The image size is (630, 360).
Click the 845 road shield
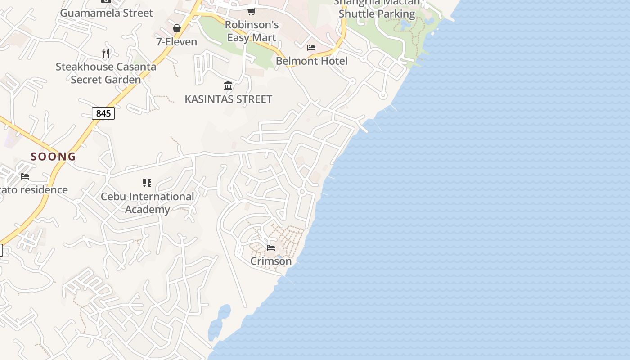(x=103, y=113)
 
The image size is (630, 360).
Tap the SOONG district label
(x=53, y=157)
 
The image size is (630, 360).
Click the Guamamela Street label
(x=107, y=13)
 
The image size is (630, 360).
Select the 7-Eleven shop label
(x=176, y=42)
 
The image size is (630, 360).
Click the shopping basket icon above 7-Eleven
(x=177, y=28)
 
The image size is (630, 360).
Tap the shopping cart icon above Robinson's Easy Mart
(x=252, y=11)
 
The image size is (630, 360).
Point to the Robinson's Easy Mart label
(x=252, y=31)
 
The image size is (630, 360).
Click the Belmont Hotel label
(x=311, y=61)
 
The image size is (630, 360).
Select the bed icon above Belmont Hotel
(x=311, y=47)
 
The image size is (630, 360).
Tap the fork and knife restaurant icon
(x=106, y=54)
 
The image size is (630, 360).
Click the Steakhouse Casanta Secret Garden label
(x=106, y=73)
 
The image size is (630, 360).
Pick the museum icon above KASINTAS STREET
(x=228, y=85)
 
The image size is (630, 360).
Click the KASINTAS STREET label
(x=228, y=99)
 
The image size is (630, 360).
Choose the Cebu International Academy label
(x=148, y=203)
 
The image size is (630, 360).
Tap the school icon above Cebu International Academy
(x=147, y=183)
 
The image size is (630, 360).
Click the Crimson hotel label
(x=271, y=261)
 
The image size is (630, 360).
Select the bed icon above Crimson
(x=271, y=247)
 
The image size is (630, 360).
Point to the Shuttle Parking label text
(x=377, y=13)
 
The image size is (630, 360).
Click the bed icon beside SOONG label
(x=25, y=176)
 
